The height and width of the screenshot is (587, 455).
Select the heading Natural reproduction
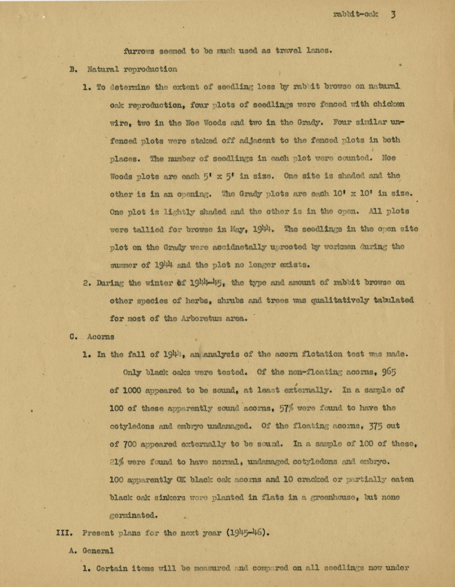132,69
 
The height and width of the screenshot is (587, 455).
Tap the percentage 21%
117,462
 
